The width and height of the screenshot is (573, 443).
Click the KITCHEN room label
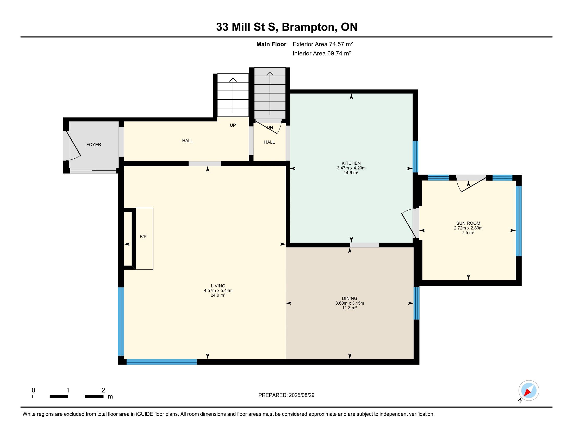pyautogui.click(x=351, y=163)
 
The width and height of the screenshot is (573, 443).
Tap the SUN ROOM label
pyautogui.click(x=468, y=223)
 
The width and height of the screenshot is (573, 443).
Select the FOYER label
pyautogui.click(x=94, y=145)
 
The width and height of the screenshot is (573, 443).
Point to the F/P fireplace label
pyautogui.click(x=143, y=237)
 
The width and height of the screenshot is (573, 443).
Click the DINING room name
pyautogui.click(x=350, y=298)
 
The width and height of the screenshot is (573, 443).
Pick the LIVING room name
pyautogui.click(x=218, y=286)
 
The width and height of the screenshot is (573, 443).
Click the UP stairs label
pyautogui.click(x=233, y=125)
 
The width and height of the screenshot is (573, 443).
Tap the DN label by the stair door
pyautogui.click(x=270, y=127)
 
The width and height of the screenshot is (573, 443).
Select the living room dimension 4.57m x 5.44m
pyautogui.click(x=218, y=291)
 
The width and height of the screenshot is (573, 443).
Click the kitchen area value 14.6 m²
pyautogui.click(x=351, y=173)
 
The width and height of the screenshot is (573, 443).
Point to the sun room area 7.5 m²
pyautogui.click(x=468, y=232)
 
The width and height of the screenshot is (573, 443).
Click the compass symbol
pyautogui.click(x=529, y=391)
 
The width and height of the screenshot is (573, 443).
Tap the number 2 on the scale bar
pyautogui.click(x=103, y=390)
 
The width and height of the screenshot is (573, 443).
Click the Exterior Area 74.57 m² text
pyautogui.click(x=323, y=44)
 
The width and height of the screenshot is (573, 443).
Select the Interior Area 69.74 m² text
pyautogui.click(x=322, y=53)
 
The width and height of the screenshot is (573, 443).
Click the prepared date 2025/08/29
pyautogui.click(x=302, y=395)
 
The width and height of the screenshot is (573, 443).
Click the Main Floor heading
pyautogui.click(x=271, y=44)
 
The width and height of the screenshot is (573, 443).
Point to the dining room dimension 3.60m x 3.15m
pyautogui.click(x=350, y=303)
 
